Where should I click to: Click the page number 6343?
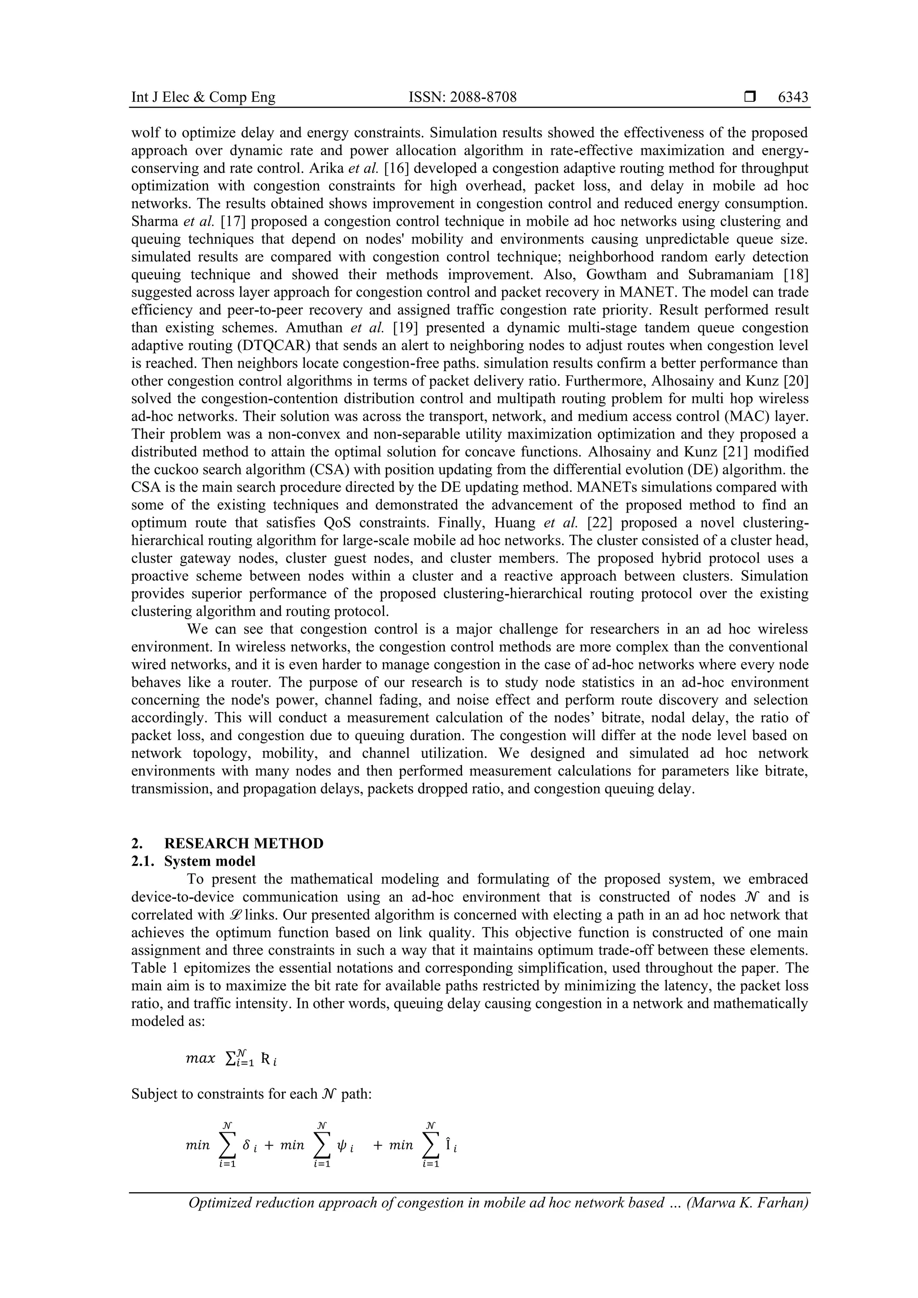[793, 97]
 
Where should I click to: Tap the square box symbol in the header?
[750, 97]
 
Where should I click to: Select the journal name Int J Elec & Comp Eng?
[203, 97]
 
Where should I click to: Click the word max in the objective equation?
[201, 1058]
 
